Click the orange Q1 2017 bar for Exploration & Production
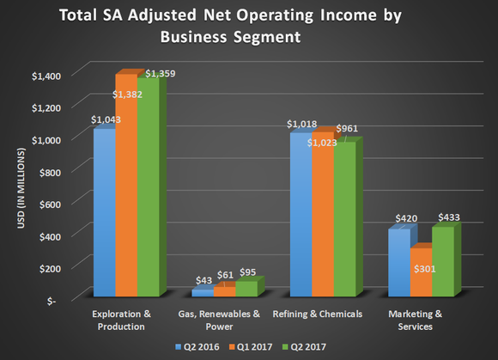(x=127, y=185)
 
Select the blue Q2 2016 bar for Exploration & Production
(x=104, y=212)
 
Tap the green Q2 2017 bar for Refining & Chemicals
(x=343, y=218)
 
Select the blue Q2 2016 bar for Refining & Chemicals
(x=300, y=214)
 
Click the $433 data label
(x=448, y=218)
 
